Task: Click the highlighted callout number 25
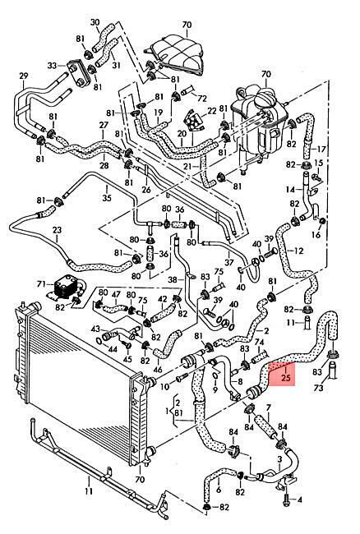coord(286,377)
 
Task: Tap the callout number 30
coord(95,22)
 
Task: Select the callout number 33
coord(52,65)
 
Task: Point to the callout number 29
coord(23,76)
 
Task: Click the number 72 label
coord(202,99)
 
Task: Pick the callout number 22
coord(212,111)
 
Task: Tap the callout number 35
coord(107,197)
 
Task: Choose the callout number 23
coord(57,230)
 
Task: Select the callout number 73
coord(318,388)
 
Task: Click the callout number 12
coord(298,251)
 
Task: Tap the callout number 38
coord(173,280)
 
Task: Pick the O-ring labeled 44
coord(99,342)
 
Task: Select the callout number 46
coord(158,370)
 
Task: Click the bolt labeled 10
coord(182,376)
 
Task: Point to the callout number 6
coord(219,490)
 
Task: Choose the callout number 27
coord(104,126)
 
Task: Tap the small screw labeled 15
coord(317,177)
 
